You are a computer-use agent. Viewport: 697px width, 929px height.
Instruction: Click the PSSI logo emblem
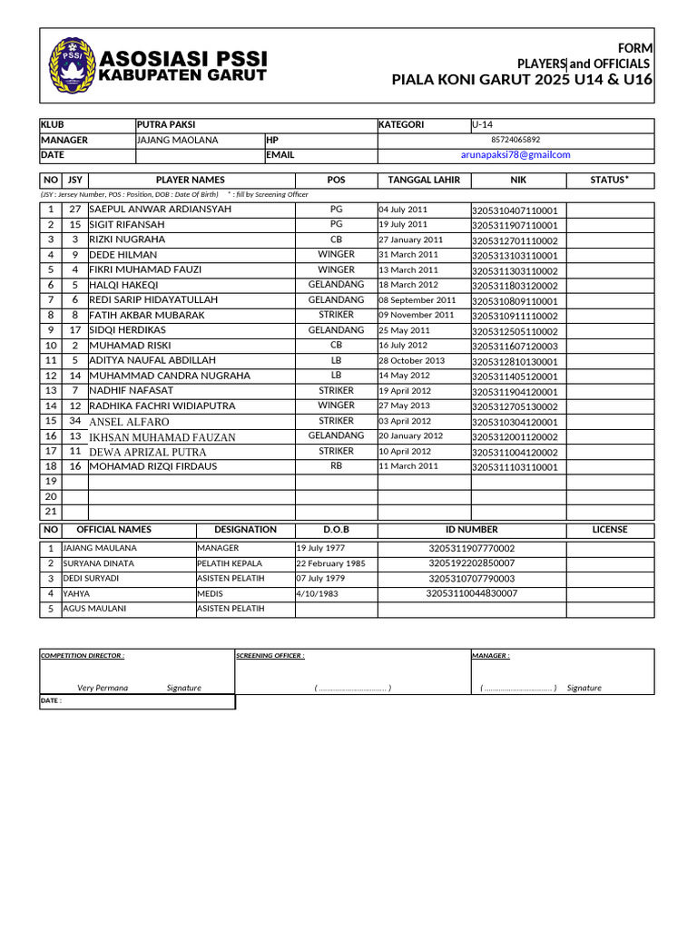69,64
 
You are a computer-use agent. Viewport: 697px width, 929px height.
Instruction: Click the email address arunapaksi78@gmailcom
515,155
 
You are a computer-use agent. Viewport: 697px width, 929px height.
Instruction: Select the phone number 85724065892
515,140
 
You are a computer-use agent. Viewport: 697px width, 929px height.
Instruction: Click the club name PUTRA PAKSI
166,125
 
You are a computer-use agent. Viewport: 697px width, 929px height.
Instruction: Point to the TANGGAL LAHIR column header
424,180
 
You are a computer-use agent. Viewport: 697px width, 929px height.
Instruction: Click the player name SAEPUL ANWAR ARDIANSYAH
161,210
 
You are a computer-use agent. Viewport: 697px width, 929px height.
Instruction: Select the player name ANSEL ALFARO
129,422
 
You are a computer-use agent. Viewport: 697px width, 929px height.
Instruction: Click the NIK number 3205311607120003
515,347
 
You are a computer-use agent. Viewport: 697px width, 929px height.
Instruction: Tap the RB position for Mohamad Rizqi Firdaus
336,466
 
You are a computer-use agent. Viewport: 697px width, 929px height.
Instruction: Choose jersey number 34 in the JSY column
75,421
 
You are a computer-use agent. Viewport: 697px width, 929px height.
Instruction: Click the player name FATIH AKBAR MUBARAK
147,316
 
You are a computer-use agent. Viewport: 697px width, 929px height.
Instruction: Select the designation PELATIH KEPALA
230,563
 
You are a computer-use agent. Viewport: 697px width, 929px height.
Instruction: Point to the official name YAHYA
76,593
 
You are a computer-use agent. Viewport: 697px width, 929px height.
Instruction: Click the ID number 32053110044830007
472,593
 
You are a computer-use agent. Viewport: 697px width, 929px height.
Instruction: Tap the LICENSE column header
610,530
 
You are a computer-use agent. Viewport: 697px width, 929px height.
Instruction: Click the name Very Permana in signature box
103,688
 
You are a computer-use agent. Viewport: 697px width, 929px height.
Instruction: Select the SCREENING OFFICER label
270,655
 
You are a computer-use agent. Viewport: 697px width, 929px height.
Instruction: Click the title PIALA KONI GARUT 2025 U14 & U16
521,80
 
